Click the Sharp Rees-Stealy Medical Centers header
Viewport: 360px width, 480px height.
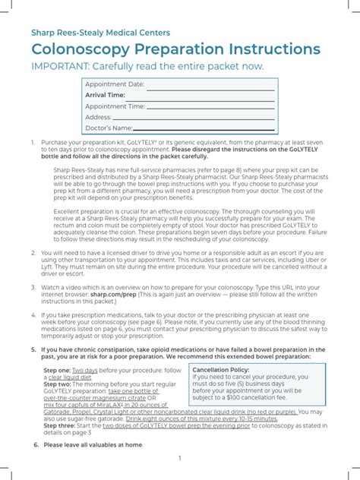click(x=100, y=33)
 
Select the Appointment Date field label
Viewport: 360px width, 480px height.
click(x=115, y=84)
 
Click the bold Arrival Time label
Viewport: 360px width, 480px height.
click(x=106, y=95)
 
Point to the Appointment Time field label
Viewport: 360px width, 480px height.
click(x=115, y=106)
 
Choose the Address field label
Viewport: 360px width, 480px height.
click(x=99, y=117)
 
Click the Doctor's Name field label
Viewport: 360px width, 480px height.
click(x=110, y=128)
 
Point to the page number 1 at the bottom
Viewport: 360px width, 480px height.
click(x=180, y=459)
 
